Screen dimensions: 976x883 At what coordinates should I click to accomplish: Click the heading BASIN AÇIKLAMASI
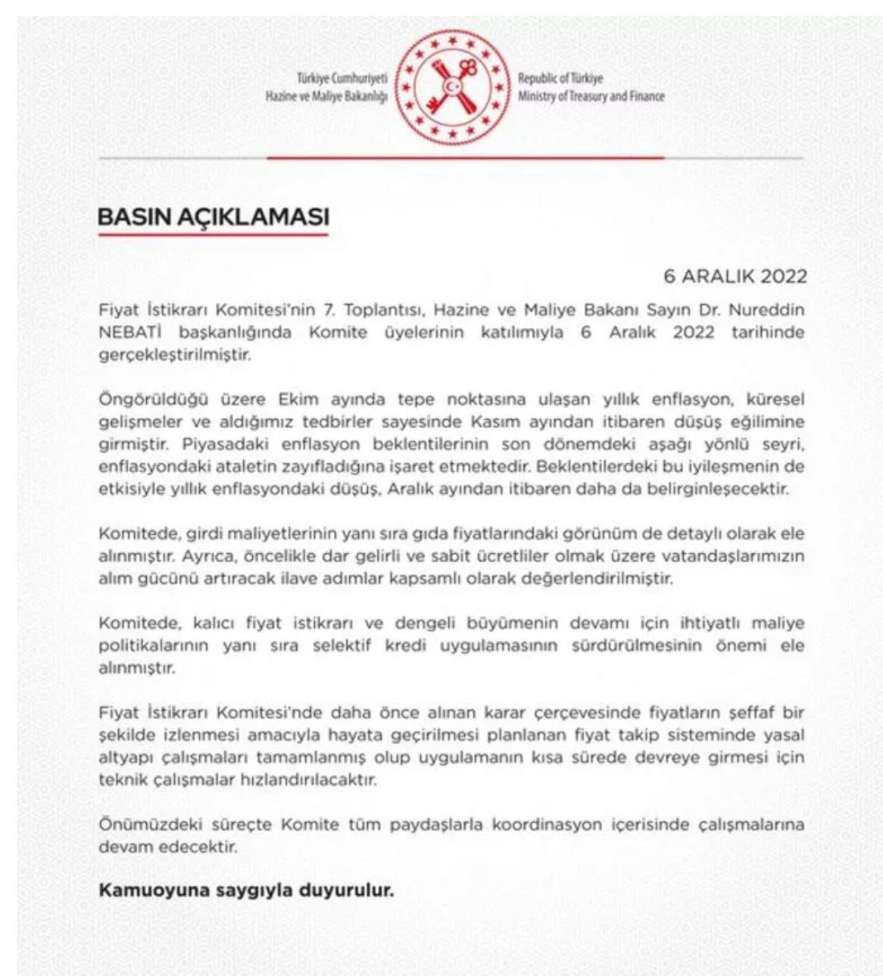click(214, 217)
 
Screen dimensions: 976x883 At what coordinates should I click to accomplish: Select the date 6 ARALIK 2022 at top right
click(735, 276)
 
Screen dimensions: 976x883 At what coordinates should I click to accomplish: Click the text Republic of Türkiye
click(560, 78)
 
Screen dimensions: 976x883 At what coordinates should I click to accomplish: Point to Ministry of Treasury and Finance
click(591, 96)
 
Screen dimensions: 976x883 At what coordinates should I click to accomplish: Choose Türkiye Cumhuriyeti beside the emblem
click(342, 78)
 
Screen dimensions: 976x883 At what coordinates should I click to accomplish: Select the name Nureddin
click(772, 311)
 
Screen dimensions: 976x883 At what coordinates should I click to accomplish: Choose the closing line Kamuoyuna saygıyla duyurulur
click(247, 890)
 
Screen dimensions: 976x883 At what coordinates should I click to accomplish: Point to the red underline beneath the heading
click(214, 235)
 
